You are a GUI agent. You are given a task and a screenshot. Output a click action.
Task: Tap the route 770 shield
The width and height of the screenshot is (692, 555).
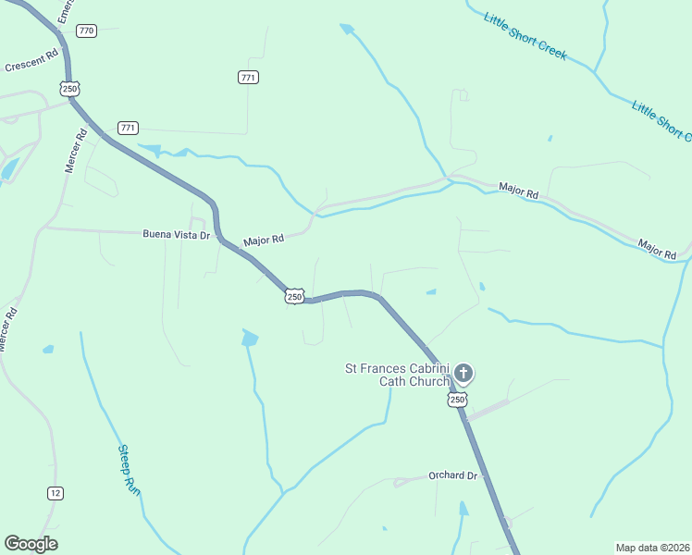(87, 31)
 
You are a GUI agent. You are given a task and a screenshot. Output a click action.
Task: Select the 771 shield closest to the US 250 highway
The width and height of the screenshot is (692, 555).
(128, 127)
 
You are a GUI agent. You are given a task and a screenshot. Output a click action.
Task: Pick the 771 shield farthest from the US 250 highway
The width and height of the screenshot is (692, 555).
(247, 78)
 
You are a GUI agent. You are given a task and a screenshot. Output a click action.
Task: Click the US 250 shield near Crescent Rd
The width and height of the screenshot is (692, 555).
(69, 88)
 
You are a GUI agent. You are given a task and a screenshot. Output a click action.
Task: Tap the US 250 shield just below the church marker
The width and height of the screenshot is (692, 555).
(457, 400)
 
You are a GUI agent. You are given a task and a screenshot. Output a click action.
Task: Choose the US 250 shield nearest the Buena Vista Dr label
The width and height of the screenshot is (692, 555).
(294, 296)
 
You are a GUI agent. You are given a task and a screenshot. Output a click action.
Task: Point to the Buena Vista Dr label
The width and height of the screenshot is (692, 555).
(177, 235)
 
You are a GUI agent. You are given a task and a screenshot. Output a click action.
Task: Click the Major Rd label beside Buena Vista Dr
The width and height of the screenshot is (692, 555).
(264, 240)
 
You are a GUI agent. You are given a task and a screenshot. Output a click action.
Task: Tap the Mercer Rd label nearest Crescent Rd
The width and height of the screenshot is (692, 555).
(75, 151)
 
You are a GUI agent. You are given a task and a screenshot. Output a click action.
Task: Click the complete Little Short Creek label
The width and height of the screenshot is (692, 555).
(525, 36)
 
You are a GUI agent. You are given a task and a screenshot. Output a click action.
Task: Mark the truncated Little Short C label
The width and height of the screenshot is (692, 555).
(661, 120)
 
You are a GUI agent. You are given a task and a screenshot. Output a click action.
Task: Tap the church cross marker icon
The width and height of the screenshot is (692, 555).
(463, 374)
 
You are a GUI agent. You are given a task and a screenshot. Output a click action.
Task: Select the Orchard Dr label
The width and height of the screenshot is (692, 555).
(453, 475)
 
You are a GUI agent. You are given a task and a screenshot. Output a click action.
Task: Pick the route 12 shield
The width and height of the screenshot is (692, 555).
(56, 493)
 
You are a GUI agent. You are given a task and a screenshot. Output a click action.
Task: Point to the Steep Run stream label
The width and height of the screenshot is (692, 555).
(129, 470)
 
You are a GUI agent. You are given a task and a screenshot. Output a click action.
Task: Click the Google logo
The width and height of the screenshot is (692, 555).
(31, 544)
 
